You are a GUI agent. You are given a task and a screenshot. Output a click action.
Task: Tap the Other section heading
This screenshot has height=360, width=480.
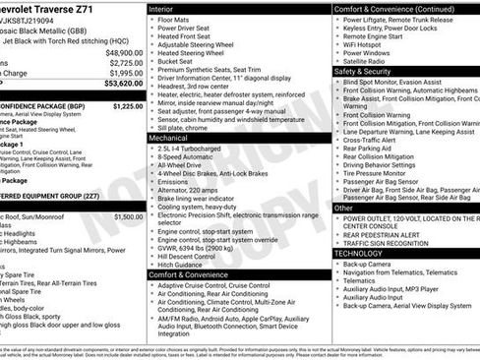(343, 208)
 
